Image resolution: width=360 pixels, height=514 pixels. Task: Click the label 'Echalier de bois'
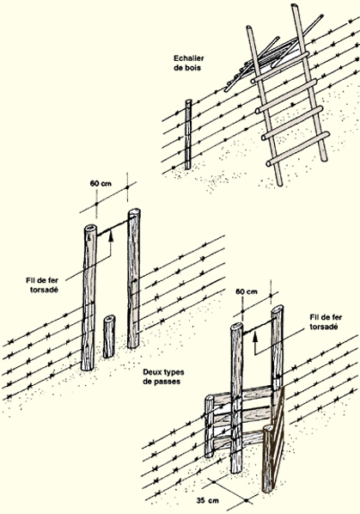pyautogui.click(x=189, y=63)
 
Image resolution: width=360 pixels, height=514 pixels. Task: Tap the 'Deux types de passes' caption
pyautogui.click(x=163, y=376)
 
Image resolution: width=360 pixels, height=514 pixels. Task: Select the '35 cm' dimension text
pyautogui.click(x=208, y=500)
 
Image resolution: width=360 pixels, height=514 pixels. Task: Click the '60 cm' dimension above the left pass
pyautogui.click(x=101, y=184)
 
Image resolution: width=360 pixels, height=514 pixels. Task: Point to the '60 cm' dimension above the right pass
pyautogui.click(x=247, y=291)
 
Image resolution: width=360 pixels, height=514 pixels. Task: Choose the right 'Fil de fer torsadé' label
pyautogui.click(x=326, y=322)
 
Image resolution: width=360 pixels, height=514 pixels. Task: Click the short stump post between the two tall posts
pyautogui.click(x=109, y=336)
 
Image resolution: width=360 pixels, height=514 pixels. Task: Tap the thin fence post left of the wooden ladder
pyautogui.click(x=188, y=135)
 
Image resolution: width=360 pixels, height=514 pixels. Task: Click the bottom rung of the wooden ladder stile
pyautogui.click(x=298, y=149)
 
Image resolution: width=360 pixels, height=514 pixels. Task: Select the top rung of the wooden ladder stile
pyautogui.click(x=280, y=66)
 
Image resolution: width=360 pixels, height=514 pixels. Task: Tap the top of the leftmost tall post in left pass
pyautogui.click(x=90, y=229)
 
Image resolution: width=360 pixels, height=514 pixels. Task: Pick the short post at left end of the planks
pyautogui.click(x=209, y=426)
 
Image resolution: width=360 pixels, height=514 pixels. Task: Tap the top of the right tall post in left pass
pyautogui.click(x=134, y=212)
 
